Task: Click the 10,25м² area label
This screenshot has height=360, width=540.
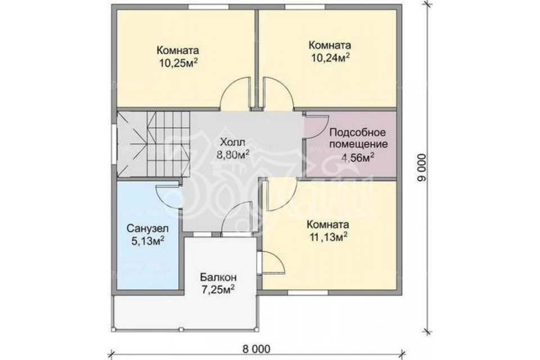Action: pyautogui.click(x=178, y=64)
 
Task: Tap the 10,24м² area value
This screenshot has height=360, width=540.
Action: pyautogui.click(x=331, y=58)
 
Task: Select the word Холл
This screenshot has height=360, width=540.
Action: pyautogui.click(x=233, y=142)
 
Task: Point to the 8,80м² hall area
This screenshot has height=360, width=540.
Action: pyautogui.click(x=233, y=155)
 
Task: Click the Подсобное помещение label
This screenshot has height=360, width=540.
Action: pyautogui.click(x=358, y=138)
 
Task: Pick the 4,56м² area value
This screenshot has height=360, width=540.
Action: pyautogui.click(x=358, y=157)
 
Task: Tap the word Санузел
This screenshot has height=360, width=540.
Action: pyautogui.click(x=147, y=228)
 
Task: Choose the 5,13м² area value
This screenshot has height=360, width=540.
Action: pyautogui.click(x=147, y=241)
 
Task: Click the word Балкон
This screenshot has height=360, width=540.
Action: pyautogui.click(x=218, y=277)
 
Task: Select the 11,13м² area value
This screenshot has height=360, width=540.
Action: pyautogui.click(x=327, y=237)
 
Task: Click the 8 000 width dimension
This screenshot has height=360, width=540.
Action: pyautogui.click(x=256, y=349)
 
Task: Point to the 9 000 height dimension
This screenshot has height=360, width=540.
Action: pyautogui.click(x=422, y=168)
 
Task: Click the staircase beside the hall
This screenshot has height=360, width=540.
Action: pyautogui.click(x=154, y=143)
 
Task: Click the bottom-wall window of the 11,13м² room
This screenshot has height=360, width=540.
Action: pyautogui.click(x=308, y=292)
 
